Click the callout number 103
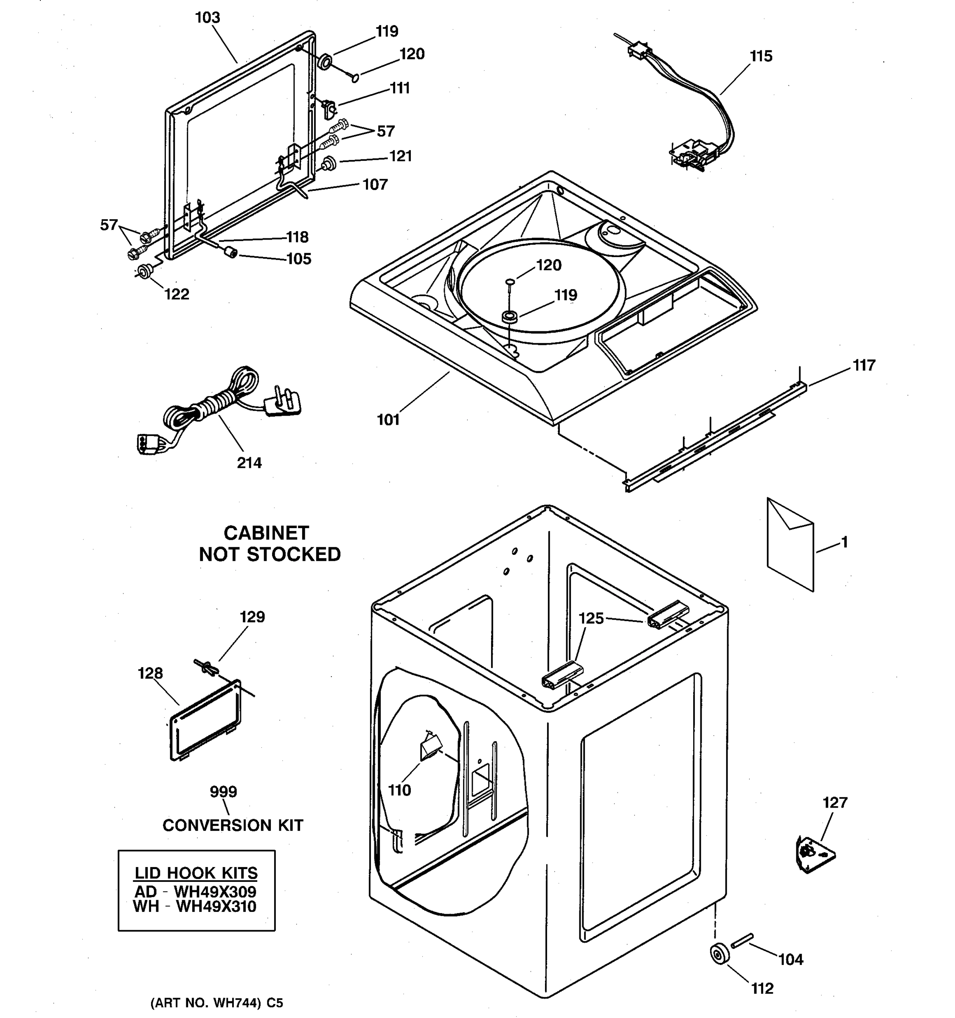coord(208,18)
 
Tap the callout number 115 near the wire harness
coord(761,56)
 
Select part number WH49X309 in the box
coord(215,892)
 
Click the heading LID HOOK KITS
coord(196,873)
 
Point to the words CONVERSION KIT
coord(233,825)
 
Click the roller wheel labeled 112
coord(719,954)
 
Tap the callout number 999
coord(223,791)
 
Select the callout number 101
coord(388,420)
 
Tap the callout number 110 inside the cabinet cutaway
coord(399,790)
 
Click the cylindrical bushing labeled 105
coord(231,252)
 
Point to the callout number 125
coord(591,618)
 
